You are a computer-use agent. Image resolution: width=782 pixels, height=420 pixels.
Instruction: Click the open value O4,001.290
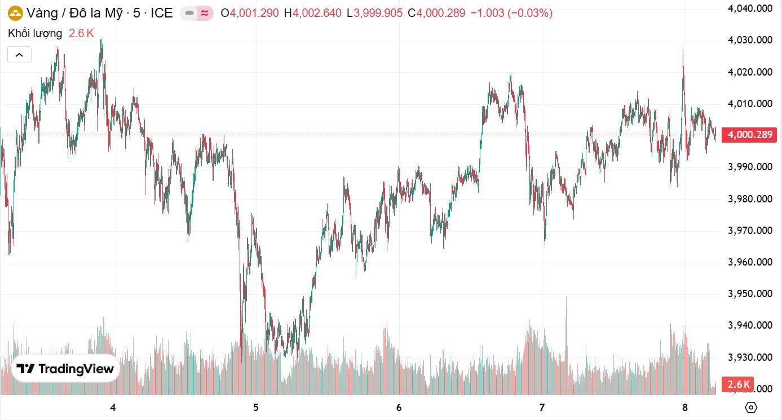[249, 13]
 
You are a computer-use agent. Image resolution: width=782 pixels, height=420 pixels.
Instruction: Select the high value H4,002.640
[312, 13]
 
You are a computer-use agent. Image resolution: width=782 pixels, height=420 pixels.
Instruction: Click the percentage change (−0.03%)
[530, 13]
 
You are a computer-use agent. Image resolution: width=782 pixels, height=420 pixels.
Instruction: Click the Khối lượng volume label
[35, 33]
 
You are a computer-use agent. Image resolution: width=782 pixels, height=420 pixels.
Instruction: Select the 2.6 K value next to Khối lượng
[81, 33]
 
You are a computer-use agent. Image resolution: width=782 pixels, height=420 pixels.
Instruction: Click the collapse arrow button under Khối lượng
[19, 55]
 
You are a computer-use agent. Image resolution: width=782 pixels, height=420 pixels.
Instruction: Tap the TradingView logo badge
[65, 369]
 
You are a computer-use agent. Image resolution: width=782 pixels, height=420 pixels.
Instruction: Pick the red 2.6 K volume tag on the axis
[739, 384]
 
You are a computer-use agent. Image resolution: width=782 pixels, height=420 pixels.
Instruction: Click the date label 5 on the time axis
[256, 407]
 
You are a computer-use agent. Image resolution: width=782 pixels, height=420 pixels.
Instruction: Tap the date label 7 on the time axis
[542, 407]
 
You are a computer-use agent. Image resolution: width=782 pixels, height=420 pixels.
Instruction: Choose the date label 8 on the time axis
[685, 407]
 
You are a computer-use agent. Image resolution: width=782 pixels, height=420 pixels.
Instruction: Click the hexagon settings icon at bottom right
[750, 407]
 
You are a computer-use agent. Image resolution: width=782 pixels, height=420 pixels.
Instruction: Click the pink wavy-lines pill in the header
[205, 13]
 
